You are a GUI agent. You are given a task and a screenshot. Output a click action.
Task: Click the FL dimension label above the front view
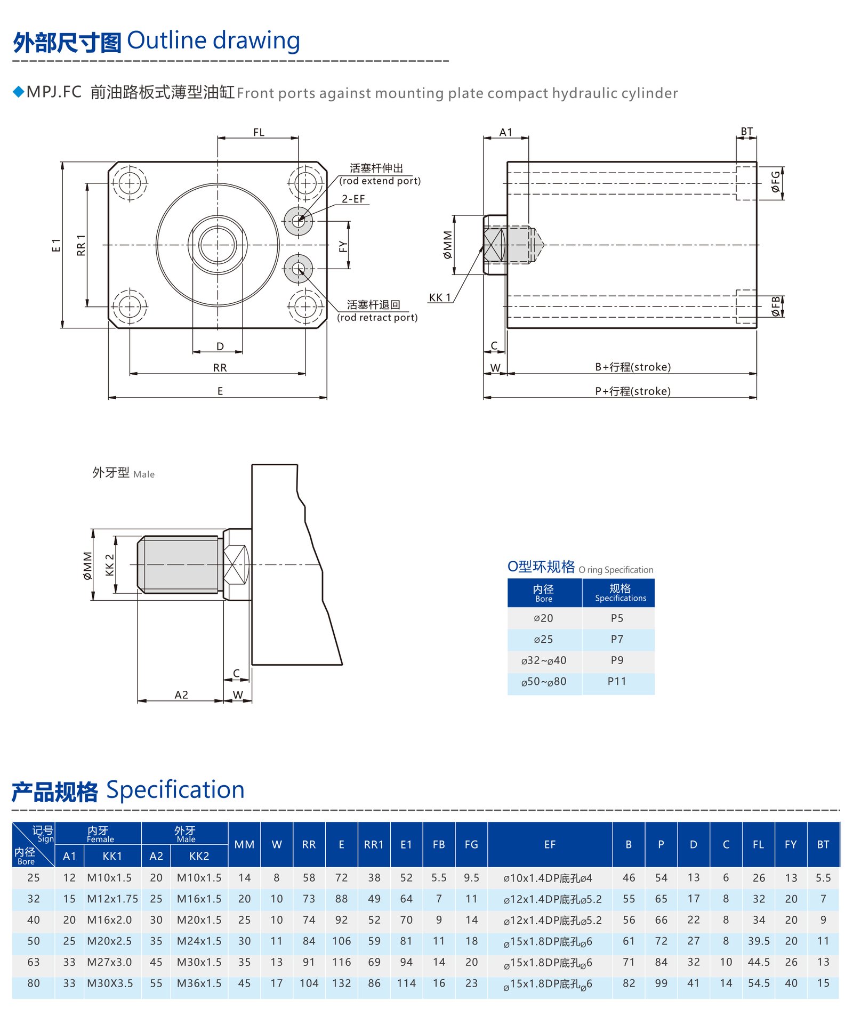pyautogui.click(x=259, y=132)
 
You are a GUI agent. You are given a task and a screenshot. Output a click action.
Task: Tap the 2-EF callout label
pyautogui.click(x=353, y=199)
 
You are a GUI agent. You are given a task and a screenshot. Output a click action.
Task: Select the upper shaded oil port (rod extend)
pyautogui.click(x=299, y=221)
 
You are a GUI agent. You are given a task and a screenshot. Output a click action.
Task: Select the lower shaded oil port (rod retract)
pyautogui.click(x=299, y=269)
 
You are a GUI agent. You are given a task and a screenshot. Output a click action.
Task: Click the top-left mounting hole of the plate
pyautogui.click(x=130, y=183)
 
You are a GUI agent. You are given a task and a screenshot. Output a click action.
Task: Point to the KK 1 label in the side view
pyautogui.click(x=440, y=297)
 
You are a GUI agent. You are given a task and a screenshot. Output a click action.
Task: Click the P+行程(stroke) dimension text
pyautogui.click(x=633, y=391)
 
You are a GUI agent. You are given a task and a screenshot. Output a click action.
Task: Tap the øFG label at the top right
pyautogui.click(x=776, y=181)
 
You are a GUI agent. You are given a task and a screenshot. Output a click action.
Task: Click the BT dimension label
pyautogui.click(x=746, y=131)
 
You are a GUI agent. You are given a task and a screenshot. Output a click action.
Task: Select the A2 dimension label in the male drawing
pyautogui.click(x=181, y=695)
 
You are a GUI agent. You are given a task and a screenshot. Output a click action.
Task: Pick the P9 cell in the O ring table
pyautogui.click(x=617, y=660)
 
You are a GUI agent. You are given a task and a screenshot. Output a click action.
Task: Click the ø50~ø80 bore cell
pyautogui.click(x=544, y=682)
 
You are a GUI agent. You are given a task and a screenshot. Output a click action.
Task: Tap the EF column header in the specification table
pyautogui.click(x=550, y=844)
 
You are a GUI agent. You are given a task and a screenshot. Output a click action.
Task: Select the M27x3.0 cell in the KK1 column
pyautogui.click(x=109, y=962)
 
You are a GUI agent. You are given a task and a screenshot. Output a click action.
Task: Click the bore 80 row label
pyautogui.click(x=33, y=983)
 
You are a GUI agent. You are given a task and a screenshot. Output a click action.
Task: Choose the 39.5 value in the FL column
pyautogui.click(x=758, y=941)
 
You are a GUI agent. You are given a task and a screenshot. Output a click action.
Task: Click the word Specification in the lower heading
pyautogui.click(x=175, y=789)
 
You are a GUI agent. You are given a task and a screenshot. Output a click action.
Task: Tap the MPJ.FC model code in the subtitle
pyautogui.click(x=54, y=92)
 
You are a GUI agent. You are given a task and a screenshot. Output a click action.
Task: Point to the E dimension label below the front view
pyautogui.click(x=220, y=391)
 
